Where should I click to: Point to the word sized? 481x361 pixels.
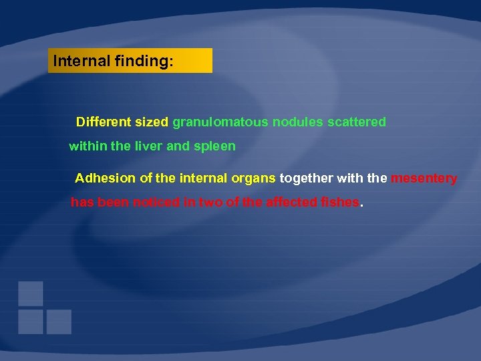point(152,122)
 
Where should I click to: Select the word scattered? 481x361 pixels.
point(357,122)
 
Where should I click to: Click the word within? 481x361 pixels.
point(86,146)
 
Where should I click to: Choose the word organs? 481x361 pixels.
point(254,178)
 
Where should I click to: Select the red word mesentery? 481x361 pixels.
point(424,179)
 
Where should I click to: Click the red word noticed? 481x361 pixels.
point(157,203)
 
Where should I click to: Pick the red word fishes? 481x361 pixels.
point(340,203)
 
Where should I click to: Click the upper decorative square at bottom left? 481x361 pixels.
point(31,293)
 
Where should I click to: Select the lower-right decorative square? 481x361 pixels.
point(59,322)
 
